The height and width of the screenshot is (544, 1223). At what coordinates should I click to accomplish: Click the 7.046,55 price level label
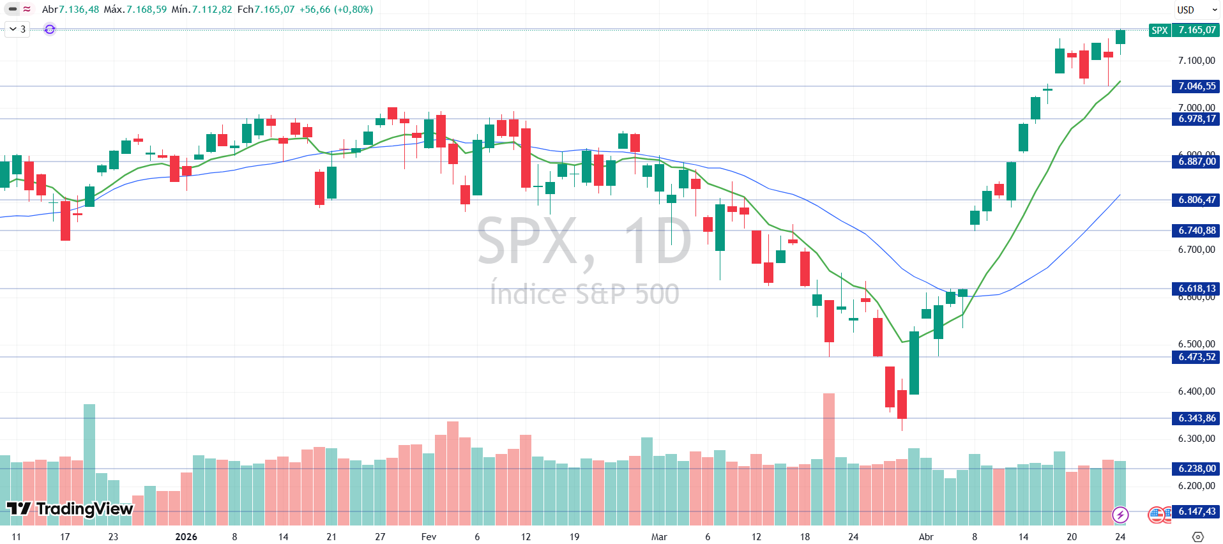coord(1196,86)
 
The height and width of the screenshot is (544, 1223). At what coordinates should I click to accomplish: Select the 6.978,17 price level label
coord(1196,119)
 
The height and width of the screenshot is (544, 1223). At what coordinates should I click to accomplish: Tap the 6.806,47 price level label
coord(1196,200)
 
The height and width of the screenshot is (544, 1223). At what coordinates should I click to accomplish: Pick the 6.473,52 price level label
coord(1196,357)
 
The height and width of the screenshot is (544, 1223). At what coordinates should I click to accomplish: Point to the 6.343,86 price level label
coord(1196,418)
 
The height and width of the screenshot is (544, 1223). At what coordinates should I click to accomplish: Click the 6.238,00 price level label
coord(1196,469)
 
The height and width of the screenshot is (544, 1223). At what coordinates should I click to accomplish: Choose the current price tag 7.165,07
coord(1196,30)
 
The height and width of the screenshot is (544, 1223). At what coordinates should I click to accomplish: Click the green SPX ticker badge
coord(1159,30)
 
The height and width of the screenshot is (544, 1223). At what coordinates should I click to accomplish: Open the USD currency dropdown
coord(1196,10)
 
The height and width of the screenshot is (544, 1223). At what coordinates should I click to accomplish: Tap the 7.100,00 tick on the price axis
coord(1196,61)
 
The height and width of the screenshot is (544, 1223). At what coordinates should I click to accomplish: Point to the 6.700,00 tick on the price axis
coord(1196,250)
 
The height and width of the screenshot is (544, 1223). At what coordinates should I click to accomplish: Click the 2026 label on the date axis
coord(186,536)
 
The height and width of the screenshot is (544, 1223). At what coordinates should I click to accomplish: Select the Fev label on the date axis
coord(429,536)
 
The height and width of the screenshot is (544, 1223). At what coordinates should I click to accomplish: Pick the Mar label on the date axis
coord(659,536)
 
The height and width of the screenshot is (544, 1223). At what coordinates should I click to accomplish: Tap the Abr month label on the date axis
coord(925,536)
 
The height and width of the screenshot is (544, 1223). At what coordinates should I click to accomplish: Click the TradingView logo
coord(70,509)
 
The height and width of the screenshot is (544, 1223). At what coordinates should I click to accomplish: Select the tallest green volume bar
coord(89,464)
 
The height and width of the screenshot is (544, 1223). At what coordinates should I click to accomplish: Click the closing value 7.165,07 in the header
coord(275,10)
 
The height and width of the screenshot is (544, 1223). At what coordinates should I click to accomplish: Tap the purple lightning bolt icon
coord(1120,515)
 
